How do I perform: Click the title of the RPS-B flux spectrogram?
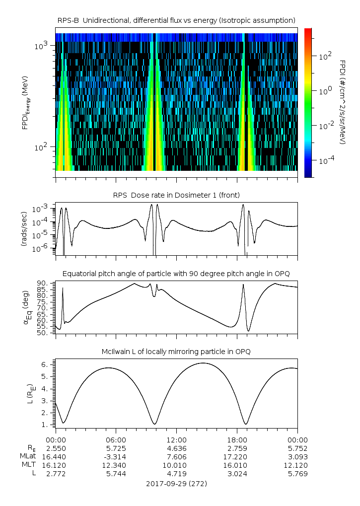(x=176, y=20)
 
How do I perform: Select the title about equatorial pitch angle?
(x=176, y=273)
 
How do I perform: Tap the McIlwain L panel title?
(x=176, y=352)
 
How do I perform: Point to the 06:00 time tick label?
(x=116, y=440)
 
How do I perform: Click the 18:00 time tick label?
(x=237, y=440)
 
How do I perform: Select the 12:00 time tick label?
(x=176, y=440)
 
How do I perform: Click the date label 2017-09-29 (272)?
(x=176, y=483)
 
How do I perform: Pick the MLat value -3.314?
(x=116, y=456)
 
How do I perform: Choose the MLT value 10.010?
(x=176, y=465)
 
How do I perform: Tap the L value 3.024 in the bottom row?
(x=237, y=473)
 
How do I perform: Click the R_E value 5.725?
(x=116, y=448)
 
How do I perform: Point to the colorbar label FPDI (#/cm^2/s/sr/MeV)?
(x=343, y=102)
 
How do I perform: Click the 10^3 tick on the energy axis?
(x=41, y=46)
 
